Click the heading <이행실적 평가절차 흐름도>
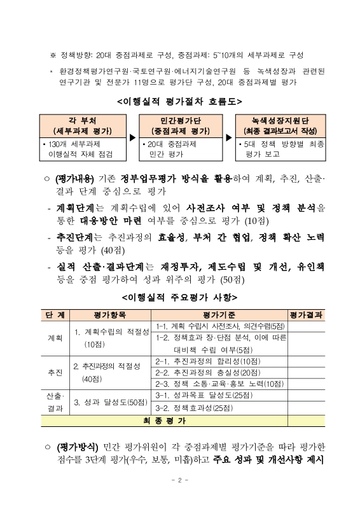(180, 101)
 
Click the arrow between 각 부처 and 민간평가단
(132, 137)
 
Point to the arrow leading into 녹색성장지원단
(230, 137)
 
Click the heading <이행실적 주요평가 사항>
(180, 297)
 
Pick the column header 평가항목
(111, 315)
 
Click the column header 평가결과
(306, 315)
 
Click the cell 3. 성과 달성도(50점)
(111, 401)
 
